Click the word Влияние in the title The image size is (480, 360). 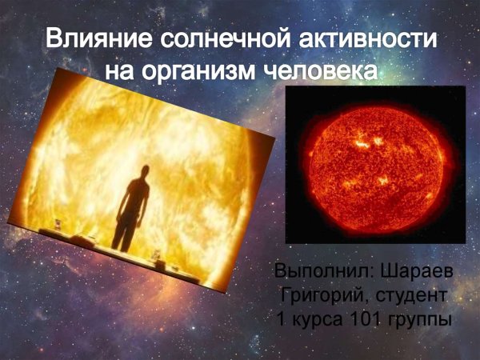coord(90,40)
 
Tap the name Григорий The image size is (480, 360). coord(317,296)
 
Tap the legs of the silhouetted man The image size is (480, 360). coord(128,228)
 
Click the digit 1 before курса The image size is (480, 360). coord(280,320)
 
